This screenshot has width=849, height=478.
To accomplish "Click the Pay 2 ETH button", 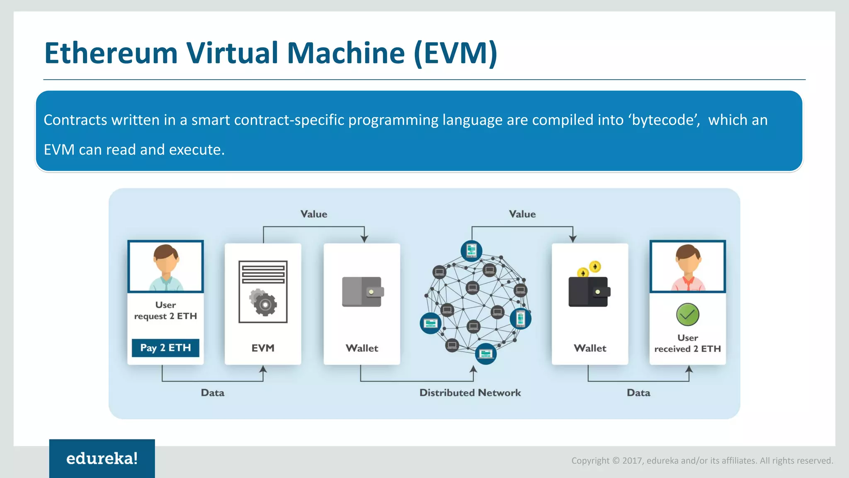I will tap(165, 348).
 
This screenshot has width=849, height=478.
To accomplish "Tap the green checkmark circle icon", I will tap(687, 315).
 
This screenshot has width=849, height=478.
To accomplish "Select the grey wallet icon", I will tap(362, 292).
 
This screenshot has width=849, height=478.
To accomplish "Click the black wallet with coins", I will tap(589, 290).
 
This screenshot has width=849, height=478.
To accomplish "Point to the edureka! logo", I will tap(102, 458).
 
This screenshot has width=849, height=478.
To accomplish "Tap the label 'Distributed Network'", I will tap(470, 393).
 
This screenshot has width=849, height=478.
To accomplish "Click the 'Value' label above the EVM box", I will tap(314, 214).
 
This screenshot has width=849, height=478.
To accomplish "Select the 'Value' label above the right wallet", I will tap(522, 214).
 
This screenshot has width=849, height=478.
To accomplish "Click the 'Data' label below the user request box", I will tap(213, 393).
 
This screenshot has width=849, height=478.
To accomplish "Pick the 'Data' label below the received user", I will tap(638, 393).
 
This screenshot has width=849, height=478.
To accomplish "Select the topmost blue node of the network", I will tap(471, 251).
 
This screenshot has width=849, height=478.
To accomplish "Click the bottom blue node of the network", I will tap(485, 354).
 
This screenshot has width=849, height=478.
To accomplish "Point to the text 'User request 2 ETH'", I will tap(165, 310).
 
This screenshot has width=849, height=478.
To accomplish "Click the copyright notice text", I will tap(702, 461).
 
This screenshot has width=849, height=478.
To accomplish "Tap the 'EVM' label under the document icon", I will tap(263, 348).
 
